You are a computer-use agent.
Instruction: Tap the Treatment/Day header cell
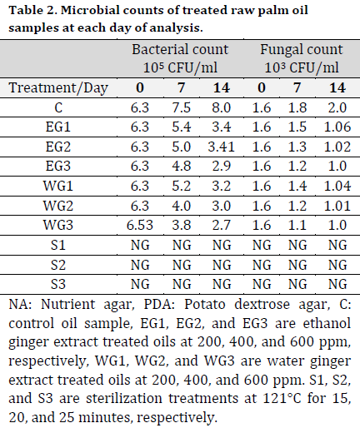pyautogui.click(x=58, y=87)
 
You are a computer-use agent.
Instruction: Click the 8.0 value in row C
pyautogui.click(x=222, y=107)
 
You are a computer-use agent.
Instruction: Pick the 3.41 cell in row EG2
pyautogui.click(x=222, y=147)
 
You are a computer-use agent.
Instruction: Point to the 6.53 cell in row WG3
pyautogui.click(x=140, y=225)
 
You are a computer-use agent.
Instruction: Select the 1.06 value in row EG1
pyautogui.click(x=337, y=127)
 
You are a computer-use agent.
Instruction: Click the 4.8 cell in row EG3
pyautogui.click(x=182, y=166)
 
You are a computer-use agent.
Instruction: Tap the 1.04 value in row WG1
pyautogui.click(x=337, y=186)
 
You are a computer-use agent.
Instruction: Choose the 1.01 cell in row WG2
pyautogui.click(x=337, y=206)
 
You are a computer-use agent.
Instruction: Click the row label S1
pyautogui.click(x=58, y=245)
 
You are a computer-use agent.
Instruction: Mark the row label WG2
pyautogui.click(x=58, y=206)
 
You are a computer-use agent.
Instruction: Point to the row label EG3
pyautogui.click(x=58, y=166)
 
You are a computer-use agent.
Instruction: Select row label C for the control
pyautogui.click(x=58, y=107)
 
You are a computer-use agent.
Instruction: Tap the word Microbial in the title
pyautogui.click(x=90, y=10)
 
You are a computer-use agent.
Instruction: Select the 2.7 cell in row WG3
pyautogui.click(x=222, y=225)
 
